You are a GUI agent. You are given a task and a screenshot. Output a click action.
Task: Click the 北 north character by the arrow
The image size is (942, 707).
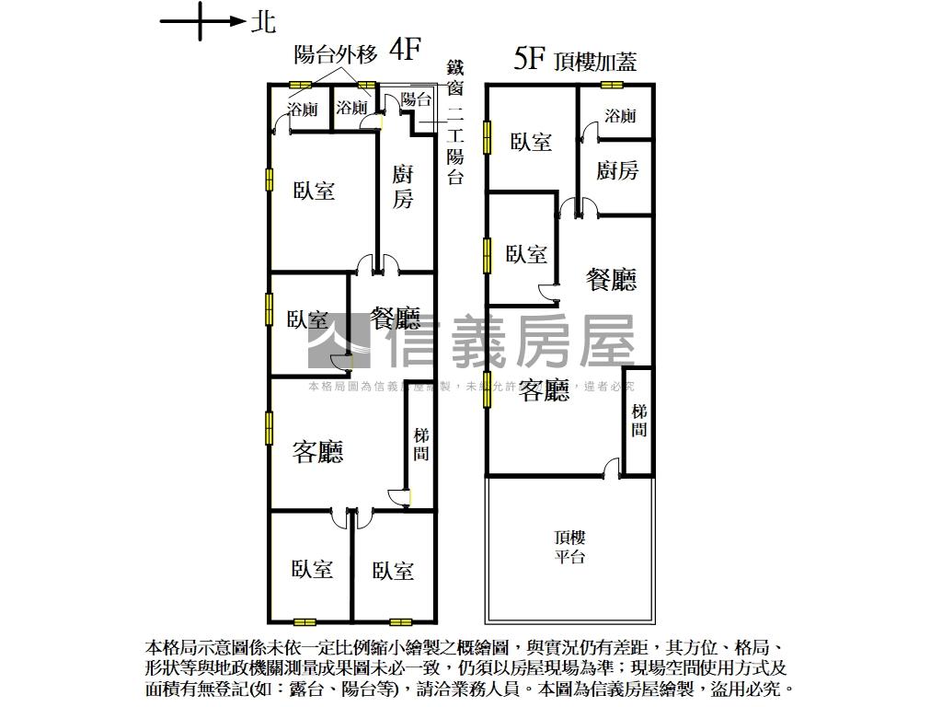tap(263, 23)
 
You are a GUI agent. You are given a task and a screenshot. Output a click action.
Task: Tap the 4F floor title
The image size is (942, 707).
tap(405, 50)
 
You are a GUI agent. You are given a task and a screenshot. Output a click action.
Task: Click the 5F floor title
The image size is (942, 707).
tap(531, 60)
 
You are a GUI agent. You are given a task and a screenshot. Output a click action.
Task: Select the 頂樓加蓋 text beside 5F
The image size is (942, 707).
tap(595, 62)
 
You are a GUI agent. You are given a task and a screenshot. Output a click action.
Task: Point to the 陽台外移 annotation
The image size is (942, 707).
tap(335, 54)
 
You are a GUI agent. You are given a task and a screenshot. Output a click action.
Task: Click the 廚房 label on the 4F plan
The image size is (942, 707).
tap(403, 187)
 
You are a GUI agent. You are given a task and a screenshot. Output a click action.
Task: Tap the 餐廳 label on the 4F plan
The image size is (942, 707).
tap(396, 319)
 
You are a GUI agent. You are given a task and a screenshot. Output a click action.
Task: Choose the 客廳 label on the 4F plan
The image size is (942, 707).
tap(317, 451)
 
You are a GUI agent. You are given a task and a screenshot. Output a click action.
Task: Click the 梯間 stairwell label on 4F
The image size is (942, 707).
tap(421, 445)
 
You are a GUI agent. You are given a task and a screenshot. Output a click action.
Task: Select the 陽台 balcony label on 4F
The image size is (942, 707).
tap(417, 100)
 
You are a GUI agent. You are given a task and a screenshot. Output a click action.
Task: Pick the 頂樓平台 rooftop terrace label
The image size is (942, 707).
tap(570, 548)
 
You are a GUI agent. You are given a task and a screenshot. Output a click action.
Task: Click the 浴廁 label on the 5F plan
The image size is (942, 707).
tap(621, 115)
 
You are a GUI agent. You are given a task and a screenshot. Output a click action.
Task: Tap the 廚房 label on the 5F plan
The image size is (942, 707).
tap(617, 170)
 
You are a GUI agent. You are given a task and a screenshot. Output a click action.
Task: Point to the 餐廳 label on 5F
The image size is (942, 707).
tap(612, 280)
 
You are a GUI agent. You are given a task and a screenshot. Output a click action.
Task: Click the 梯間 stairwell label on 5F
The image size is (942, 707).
tap(639, 419)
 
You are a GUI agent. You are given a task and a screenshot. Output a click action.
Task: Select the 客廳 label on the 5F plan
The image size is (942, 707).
tap(544, 391)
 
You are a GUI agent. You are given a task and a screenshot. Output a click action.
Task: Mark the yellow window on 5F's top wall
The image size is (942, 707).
tap(612, 86)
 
